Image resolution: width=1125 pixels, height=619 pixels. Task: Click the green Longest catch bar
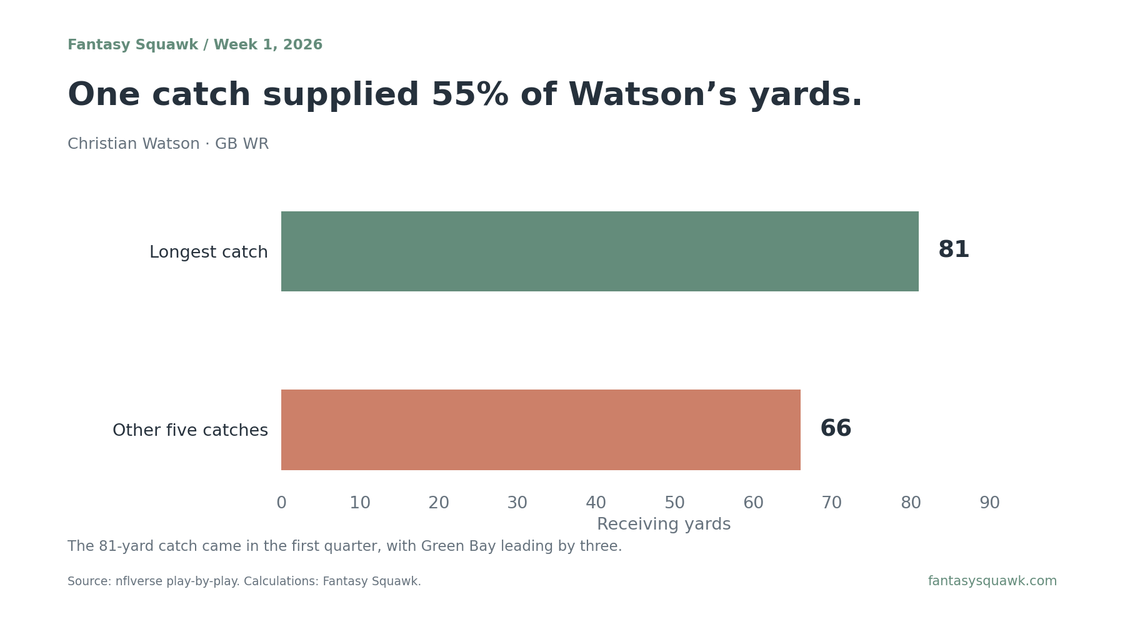pyautogui.click(x=600, y=251)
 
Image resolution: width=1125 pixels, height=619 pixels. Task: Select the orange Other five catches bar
pyautogui.click(x=541, y=430)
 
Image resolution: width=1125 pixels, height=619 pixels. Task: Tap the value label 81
pyautogui.click(x=954, y=250)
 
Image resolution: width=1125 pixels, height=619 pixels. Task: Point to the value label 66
pyautogui.click(x=836, y=429)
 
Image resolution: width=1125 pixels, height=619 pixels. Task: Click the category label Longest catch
pyautogui.click(x=209, y=253)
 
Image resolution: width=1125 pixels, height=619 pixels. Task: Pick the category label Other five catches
pyautogui.click(x=190, y=431)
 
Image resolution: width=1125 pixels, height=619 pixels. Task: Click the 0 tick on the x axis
pyautogui.click(x=281, y=503)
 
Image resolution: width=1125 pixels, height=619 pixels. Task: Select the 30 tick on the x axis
pyautogui.click(x=517, y=503)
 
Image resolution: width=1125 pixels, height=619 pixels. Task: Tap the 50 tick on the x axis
pyautogui.click(x=674, y=503)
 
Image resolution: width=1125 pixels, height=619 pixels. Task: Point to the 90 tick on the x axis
pyautogui.click(x=989, y=503)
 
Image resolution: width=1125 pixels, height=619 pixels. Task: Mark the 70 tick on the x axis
pyautogui.click(x=832, y=503)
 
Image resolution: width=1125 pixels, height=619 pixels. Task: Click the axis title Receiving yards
pyautogui.click(x=664, y=525)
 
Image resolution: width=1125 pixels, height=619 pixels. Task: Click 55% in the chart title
pyautogui.click(x=470, y=95)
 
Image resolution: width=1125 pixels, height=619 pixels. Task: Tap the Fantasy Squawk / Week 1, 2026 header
pyautogui.click(x=195, y=45)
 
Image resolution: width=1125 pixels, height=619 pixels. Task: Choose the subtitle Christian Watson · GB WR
pyautogui.click(x=168, y=144)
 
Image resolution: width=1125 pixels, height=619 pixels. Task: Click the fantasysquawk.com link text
pyautogui.click(x=992, y=581)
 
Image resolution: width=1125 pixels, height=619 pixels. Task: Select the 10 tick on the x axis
pyautogui.click(x=360, y=503)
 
